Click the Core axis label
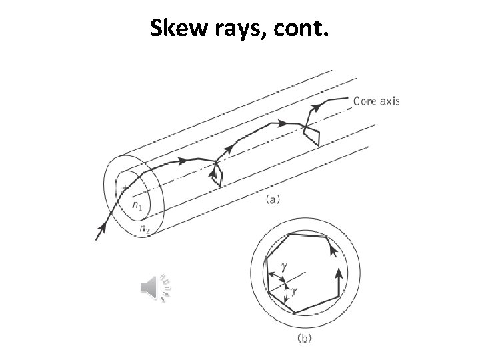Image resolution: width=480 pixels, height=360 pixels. click(377, 101)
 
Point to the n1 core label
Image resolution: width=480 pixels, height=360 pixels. click(136, 206)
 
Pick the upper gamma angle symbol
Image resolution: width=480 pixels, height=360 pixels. click(284, 265)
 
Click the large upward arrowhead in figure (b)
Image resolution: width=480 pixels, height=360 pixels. click(339, 273)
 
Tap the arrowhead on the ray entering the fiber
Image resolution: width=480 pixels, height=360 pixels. click(101, 230)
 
